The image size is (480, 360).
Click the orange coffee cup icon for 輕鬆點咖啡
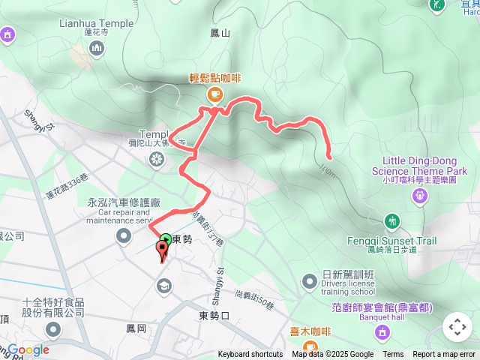pyautogui.click(x=214, y=93)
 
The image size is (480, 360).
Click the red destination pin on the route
pyautogui.click(x=163, y=250)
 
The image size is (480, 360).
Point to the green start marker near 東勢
pyautogui.click(x=165, y=240)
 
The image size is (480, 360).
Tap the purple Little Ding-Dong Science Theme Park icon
pyautogui.click(x=420, y=195)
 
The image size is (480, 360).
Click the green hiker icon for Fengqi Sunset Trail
pyautogui.click(x=392, y=220)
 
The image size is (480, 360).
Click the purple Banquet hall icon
pyautogui.click(x=382, y=331)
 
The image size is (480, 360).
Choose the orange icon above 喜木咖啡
pyautogui.click(x=299, y=331)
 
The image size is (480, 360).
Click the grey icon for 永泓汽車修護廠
pyautogui.click(x=124, y=237)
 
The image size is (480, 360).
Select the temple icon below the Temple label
pyautogui.click(x=156, y=158)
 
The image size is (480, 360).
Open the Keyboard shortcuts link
pyautogui.click(x=250, y=355)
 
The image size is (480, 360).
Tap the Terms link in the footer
pyautogui.click(x=393, y=355)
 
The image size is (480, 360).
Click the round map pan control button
pyautogui.click(x=457, y=327)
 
